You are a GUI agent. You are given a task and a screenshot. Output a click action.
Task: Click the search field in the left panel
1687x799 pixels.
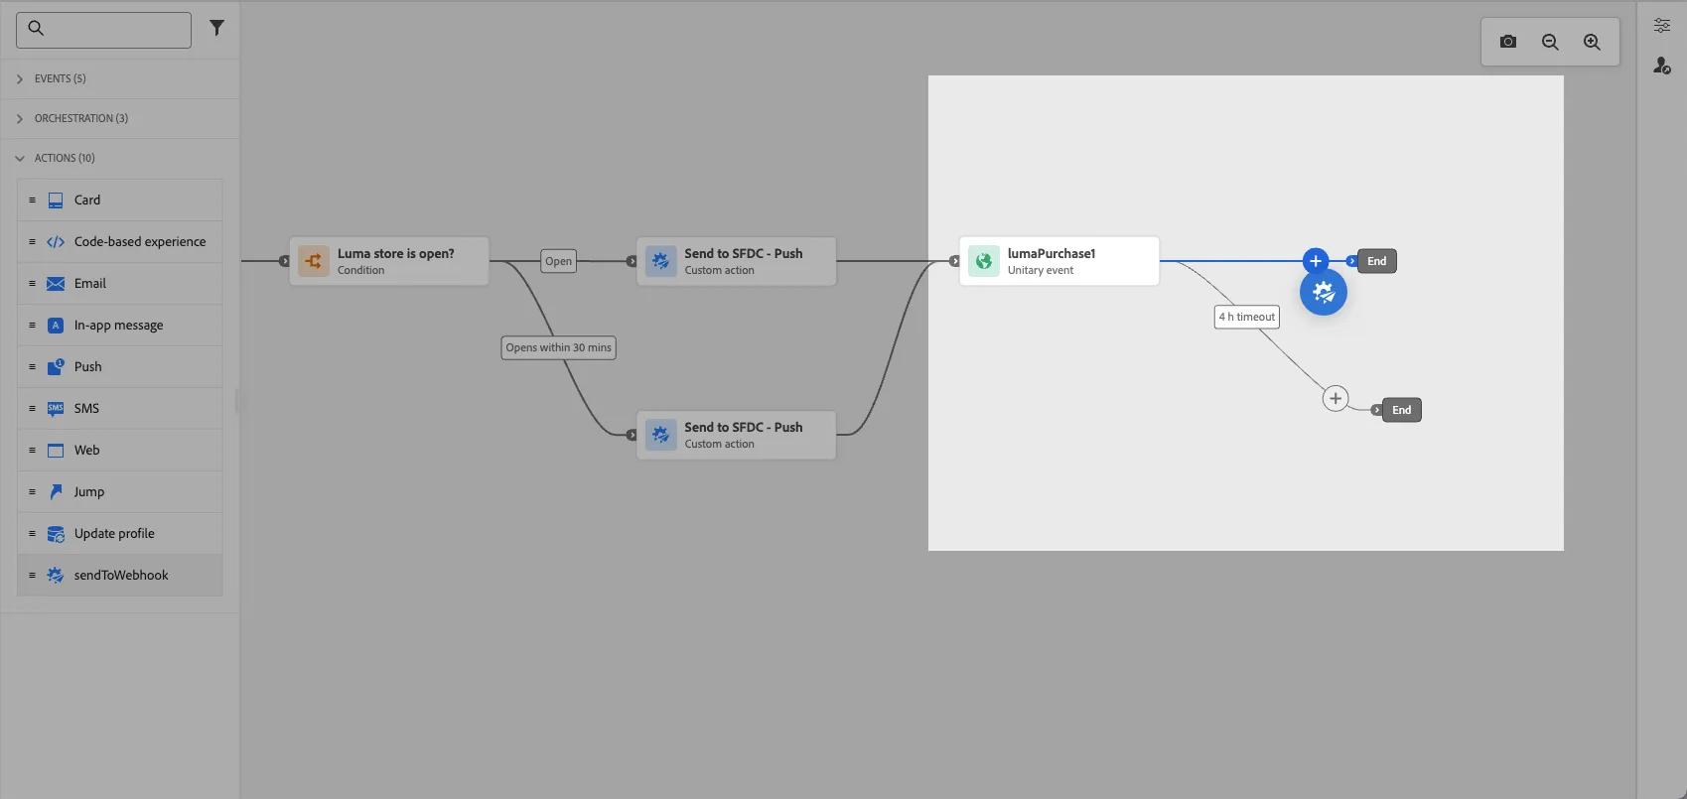pos(103,30)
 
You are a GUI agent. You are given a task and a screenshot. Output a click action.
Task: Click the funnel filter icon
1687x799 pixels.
pos(216,29)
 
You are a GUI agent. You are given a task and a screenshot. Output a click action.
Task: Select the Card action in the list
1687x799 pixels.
pos(120,200)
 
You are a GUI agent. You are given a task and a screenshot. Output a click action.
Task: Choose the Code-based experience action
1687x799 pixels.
pos(120,242)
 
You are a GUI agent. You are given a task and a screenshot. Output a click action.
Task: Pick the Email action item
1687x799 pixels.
pos(120,283)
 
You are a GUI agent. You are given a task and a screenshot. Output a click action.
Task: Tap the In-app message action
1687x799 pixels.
pos(120,326)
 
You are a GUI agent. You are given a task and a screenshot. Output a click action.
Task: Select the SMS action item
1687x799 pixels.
pos(120,408)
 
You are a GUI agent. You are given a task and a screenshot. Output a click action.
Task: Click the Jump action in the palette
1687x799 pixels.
pos(120,491)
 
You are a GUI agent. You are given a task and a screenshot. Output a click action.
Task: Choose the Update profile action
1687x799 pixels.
pos(120,533)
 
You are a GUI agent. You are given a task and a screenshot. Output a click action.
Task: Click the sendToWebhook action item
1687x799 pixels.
pos(120,576)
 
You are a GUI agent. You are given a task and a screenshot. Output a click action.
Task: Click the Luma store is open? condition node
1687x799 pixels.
pos(389,261)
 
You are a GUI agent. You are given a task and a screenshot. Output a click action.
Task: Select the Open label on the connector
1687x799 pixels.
pos(558,261)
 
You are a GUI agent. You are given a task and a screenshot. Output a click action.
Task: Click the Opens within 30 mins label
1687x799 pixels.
pos(559,348)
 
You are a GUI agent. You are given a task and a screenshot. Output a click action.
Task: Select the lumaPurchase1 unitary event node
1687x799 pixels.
pos(1058,261)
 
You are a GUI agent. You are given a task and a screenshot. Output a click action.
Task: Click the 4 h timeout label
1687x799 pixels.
pos(1247,317)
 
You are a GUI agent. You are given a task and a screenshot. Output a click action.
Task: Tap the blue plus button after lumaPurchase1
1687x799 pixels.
pos(1315,261)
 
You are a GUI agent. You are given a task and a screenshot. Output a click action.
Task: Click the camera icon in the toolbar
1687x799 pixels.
pos(1507,42)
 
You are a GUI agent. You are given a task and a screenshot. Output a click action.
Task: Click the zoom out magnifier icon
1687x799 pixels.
pos(1550,42)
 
